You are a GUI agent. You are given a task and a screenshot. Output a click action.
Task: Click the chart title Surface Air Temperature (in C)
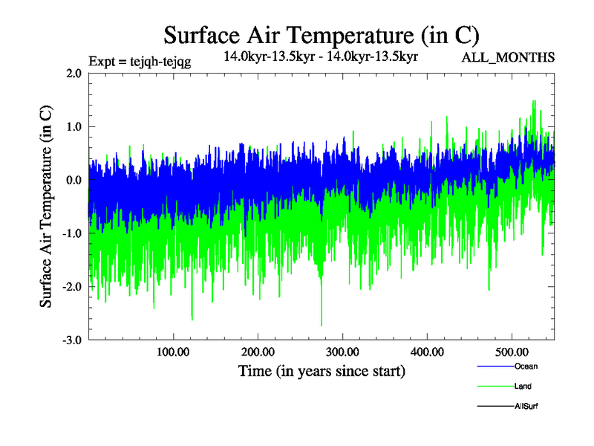(x=322, y=35)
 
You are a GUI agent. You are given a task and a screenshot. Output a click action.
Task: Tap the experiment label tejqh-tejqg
(x=140, y=62)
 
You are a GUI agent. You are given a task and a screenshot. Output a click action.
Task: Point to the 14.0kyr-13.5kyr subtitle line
(x=322, y=56)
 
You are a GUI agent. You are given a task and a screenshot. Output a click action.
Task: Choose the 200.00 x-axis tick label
(x=258, y=352)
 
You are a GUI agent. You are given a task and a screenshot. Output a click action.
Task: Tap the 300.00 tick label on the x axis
(x=342, y=352)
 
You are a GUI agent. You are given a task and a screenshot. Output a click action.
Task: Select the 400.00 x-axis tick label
(x=427, y=352)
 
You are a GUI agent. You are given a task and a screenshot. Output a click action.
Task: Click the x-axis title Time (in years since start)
(x=322, y=371)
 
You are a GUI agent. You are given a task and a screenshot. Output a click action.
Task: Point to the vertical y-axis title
(x=46, y=207)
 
